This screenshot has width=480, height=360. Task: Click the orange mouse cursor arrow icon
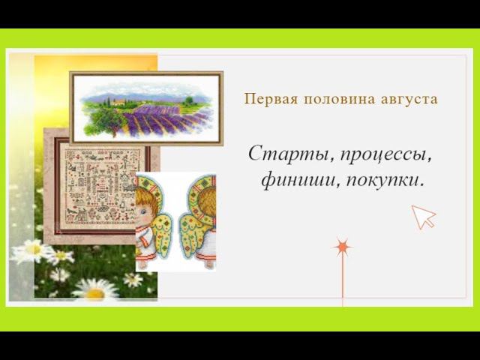423,217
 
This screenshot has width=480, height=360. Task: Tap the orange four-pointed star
342,247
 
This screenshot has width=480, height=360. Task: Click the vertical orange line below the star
342,281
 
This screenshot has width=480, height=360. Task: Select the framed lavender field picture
146,108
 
